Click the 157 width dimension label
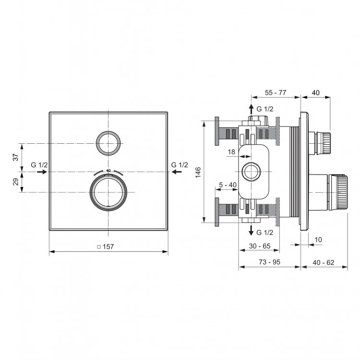pos(108,247)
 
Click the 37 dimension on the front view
pos(15,158)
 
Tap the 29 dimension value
pos(15,182)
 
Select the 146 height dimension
pos(198,172)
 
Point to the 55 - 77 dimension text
pos(276,93)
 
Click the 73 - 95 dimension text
pos(270,262)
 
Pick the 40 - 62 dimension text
pos(324,262)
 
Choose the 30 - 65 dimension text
pos(260,246)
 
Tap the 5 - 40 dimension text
pos(228,185)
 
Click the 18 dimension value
pos(231,152)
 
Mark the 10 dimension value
pos(318,240)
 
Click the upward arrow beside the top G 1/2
pos(252,109)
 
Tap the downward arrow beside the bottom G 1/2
pos(252,230)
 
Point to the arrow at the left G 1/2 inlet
pos(42,172)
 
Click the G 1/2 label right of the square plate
pos(180,165)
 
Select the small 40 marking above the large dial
pos(108,170)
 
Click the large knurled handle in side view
pos(338,192)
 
